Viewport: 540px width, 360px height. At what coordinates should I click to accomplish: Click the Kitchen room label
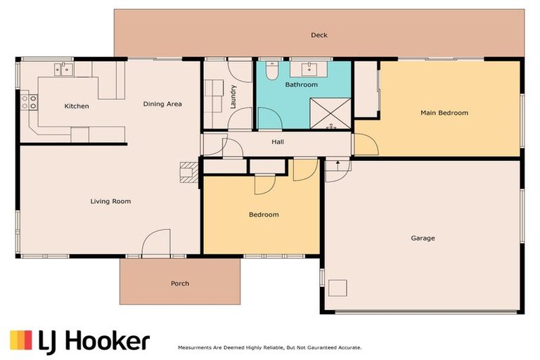[77, 106]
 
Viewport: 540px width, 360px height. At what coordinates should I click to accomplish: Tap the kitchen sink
[64, 69]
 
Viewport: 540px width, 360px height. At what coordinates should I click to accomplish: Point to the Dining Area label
[162, 104]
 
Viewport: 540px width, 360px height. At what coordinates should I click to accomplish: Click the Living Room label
[110, 201]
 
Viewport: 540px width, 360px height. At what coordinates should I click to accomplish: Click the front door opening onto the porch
[156, 245]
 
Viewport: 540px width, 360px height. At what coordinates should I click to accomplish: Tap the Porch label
[180, 283]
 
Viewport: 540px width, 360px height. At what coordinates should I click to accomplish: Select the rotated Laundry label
[232, 97]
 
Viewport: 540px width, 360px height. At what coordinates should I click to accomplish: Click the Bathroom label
[301, 84]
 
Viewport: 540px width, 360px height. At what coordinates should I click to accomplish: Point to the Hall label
[278, 141]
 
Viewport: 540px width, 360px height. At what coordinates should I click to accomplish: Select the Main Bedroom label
[444, 112]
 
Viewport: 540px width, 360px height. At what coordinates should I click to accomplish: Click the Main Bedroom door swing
[366, 145]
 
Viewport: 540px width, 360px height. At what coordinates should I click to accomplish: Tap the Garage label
[423, 238]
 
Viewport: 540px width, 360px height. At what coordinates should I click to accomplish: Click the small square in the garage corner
[338, 288]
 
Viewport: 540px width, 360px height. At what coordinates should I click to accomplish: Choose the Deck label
[319, 35]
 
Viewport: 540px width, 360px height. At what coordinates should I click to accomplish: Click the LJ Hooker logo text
[95, 341]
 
